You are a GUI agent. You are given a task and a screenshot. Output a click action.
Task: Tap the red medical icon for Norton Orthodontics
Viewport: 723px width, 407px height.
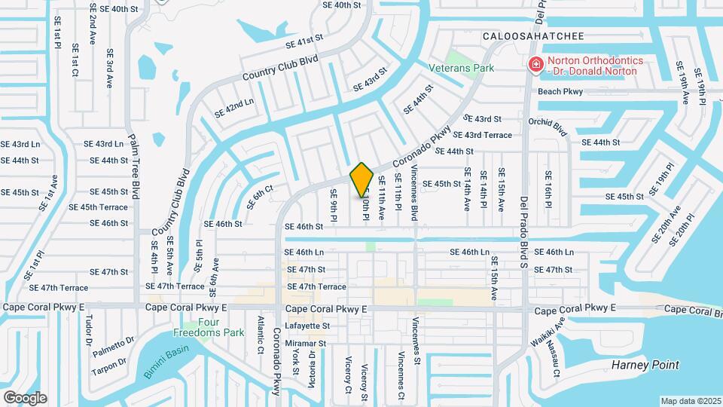(x=535, y=66)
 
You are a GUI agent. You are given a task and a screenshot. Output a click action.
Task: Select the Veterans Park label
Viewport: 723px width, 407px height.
(x=461, y=68)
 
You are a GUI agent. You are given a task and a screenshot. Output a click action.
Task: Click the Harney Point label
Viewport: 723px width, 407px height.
(x=645, y=365)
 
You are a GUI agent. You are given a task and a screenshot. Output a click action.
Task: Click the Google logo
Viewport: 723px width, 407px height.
(x=25, y=397)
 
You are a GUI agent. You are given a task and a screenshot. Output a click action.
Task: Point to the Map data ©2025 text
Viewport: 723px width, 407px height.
(x=691, y=401)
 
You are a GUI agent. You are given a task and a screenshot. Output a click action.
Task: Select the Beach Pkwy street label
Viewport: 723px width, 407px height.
(x=560, y=92)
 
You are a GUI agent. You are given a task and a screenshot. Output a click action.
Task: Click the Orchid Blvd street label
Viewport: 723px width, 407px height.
(x=547, y=127)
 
